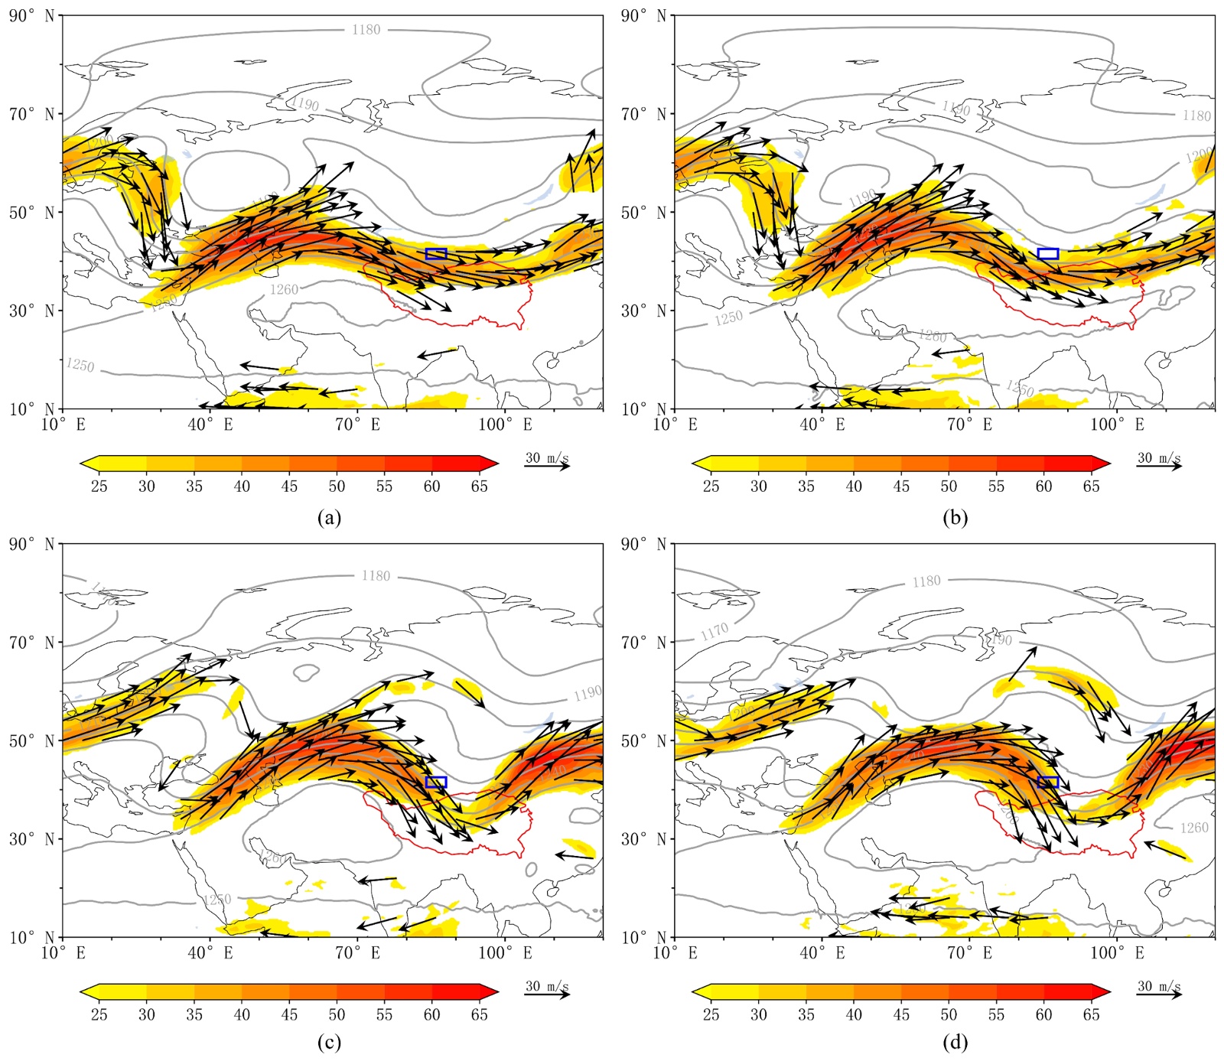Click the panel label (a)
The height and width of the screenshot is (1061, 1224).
pos(329,518)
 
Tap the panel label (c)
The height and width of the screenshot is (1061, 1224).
pos(329,1042)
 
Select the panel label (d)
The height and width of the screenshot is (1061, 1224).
pos(955,1042)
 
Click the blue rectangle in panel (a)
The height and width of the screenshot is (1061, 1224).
pos(436,254)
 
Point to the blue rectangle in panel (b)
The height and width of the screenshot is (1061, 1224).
pos(1048,254)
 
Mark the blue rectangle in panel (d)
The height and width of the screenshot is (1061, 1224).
pos(1048,782)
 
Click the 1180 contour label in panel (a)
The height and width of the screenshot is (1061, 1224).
pos(366,30)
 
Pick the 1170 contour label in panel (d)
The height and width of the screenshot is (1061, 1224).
pos(714,632)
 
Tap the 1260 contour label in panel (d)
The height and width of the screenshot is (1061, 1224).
pos(1193,828)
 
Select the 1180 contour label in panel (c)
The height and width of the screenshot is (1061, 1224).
pos(376,576)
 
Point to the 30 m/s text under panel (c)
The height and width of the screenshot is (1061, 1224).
pos(546,987)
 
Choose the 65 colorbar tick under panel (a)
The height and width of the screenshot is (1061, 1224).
pos(479,487)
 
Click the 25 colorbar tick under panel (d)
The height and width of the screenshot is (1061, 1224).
pos(711,1015)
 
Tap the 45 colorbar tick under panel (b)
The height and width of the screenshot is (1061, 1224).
pos(901,487)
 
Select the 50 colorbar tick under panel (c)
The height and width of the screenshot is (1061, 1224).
pos(337,1015)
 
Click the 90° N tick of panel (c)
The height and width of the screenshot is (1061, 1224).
pos(31,545)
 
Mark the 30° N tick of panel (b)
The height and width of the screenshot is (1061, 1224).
pos(643,311)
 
